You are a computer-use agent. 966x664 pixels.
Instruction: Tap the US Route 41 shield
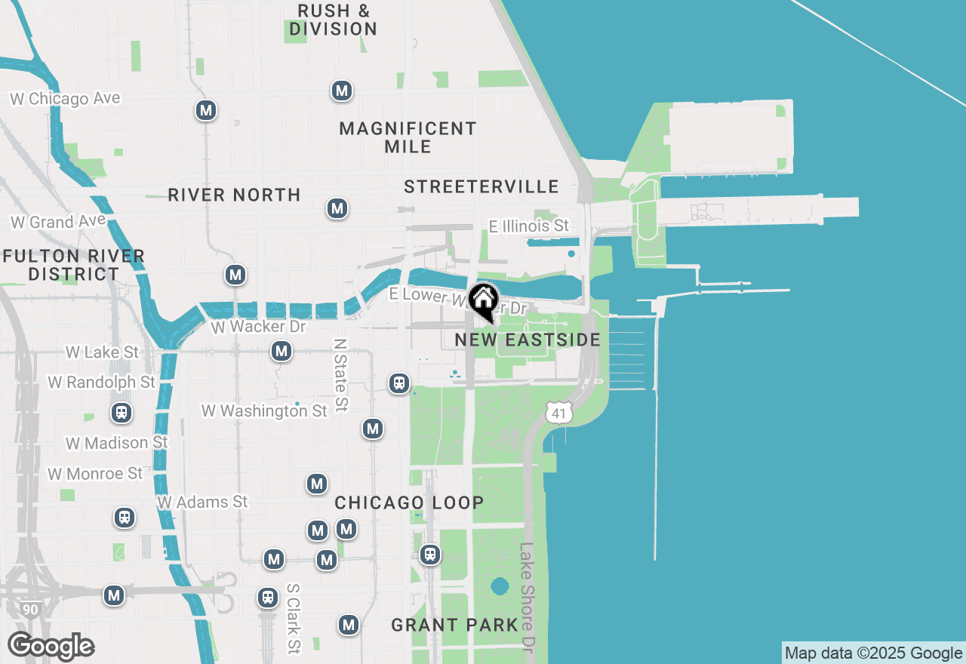558,412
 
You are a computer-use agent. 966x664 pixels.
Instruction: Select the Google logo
51,647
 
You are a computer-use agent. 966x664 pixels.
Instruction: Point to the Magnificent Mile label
408,137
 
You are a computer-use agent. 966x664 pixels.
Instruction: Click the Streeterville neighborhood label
481,186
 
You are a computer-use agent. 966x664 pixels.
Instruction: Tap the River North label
234,195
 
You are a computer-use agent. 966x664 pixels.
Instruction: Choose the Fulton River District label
73,265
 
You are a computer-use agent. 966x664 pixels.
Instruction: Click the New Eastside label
528,340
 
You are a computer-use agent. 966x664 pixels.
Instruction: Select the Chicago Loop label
409,503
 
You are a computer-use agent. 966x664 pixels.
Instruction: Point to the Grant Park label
454,625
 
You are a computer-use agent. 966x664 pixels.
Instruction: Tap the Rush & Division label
333,20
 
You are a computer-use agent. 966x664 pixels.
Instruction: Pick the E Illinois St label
528,226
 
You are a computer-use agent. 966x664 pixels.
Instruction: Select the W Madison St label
116,443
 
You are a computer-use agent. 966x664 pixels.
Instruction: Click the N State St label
340,374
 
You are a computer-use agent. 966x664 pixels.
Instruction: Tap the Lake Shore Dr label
527,596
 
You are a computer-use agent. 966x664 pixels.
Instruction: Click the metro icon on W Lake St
281,351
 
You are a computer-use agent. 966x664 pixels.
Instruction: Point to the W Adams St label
202,502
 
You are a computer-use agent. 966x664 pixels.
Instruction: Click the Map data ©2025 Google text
873,653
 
